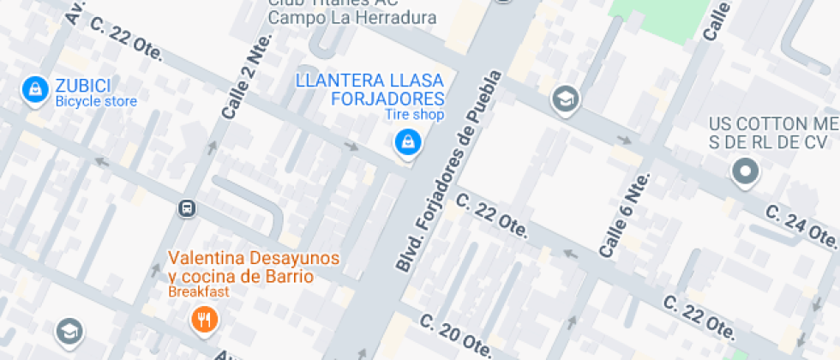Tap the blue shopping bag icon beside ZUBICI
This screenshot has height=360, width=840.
[35, 89]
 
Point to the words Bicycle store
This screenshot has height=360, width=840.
[96, 101]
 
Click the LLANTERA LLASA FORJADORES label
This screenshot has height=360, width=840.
[369, 89]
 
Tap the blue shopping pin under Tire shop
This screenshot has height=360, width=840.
[407, 142]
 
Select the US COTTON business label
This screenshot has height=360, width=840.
[771, 133]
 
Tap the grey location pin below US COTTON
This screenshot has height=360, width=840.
[745, 172]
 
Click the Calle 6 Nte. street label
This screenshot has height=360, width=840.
[625, 215]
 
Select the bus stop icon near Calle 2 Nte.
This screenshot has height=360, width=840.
[186, 208]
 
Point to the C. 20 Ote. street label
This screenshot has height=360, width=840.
[457, 335]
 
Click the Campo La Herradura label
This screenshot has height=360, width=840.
[352, 17]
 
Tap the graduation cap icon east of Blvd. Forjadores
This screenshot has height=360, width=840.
[566, 99]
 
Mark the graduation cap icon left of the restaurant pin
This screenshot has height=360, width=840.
[69, 331]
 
